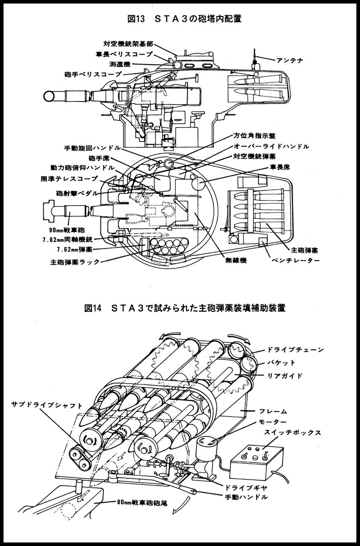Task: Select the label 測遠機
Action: click(x=117, y=63)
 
